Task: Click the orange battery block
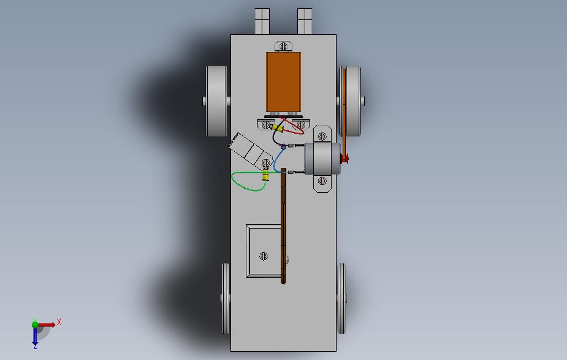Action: click(x=283, y=82)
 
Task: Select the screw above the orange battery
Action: click(x=283, y=46)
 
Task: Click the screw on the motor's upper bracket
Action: click(x=323, y=136)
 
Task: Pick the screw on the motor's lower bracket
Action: click(x=323, y=181)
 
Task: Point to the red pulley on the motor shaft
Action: click(x=345, y=159)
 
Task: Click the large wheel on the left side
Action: click(x=217, y=101)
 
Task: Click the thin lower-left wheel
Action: click(x=225, y=299)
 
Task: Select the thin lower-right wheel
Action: click(x=342, y=299)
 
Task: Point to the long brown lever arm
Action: click(x=283, y=226)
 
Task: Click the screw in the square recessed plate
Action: click(x=264, y=256)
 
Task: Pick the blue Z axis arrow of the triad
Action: click(x=35, y=337)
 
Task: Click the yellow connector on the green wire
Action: click(x=266, y=176)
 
